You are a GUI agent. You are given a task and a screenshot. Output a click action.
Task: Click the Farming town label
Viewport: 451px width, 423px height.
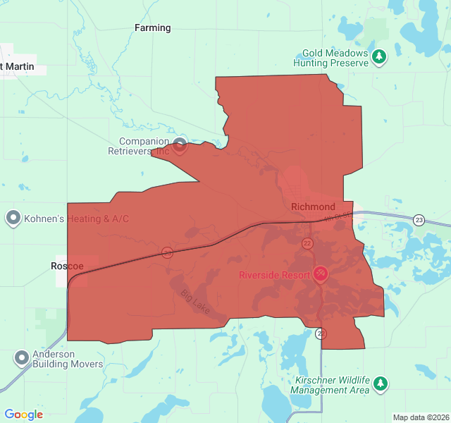[x=153, y=28]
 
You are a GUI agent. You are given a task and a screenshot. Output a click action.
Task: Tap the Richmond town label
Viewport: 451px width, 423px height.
[x=313, y=207]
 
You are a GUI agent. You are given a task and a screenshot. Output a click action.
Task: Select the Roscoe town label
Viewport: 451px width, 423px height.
[x=67, y=266]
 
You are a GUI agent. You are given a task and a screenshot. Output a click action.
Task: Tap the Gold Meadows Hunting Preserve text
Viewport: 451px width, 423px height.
[x=335, y=58]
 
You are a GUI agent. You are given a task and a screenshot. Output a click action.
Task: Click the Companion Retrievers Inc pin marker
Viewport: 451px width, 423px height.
[x=180, y=146]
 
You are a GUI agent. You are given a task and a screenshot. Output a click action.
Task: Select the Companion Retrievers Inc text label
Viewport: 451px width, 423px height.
[x=139, y=146]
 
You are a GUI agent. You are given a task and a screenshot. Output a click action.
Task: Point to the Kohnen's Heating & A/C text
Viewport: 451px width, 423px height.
[x=77, y=219]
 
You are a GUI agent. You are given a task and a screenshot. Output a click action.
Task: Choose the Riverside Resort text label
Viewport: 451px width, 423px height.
[x=274, y=274]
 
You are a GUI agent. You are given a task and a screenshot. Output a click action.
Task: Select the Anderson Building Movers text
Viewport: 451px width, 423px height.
[x=68, y=360]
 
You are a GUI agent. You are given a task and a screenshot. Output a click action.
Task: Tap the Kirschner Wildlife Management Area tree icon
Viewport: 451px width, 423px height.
[x=381, y=384]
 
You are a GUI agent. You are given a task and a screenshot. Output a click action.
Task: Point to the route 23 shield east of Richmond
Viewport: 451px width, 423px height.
[x=419, y=219]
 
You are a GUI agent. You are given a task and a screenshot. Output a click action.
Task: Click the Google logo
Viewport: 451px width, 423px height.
[x=23, y=415]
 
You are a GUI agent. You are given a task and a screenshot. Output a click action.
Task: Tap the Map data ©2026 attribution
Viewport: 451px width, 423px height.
[x=420, y=417]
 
